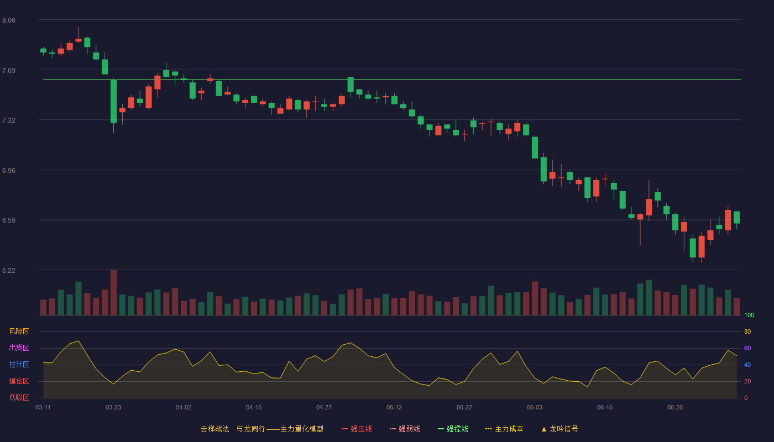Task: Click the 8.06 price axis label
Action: [9, 20]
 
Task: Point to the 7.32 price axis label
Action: [9, 120]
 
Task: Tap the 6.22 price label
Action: [9, 270]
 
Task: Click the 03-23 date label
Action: [113, 408]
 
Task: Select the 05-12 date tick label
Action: [394, 408]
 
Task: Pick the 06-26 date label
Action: [675, 408]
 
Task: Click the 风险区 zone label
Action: [19, 331]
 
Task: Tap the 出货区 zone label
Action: [19, 348]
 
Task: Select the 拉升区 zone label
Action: [19, 364]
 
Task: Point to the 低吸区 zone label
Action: [19, 397]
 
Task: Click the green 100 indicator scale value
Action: [749, 315]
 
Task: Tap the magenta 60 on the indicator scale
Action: [747, 348]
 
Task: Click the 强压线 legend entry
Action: [357, 429]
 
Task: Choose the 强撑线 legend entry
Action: [453, 429]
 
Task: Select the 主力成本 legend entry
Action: [504, 429]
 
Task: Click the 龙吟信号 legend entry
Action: [559, 429]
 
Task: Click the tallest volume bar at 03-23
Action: [113, 292]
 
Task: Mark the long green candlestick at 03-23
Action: [113, 101]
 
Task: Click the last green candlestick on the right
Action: [736, 218]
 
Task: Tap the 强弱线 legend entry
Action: [405, 429]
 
